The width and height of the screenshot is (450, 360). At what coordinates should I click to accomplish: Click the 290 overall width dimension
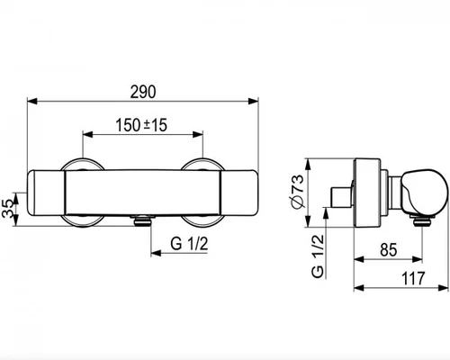coord(143,92)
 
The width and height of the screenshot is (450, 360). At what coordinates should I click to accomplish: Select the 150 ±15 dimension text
coord(141,125)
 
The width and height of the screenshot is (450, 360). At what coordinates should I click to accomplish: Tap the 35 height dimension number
coord(8,209)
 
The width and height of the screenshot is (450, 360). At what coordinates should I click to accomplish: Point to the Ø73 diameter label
coord(297,191)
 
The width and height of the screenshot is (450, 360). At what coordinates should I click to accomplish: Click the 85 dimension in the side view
coord(389,250)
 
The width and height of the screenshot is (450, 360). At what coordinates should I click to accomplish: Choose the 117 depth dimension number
coord(413,278)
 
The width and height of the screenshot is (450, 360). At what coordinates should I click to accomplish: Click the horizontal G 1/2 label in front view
coord(189,244)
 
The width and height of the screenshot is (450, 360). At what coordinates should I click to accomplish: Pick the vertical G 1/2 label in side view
coord(318,256)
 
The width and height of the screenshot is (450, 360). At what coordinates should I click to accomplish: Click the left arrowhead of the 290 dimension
coord(32,102)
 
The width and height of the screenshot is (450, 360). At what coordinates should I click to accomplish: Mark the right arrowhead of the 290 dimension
coord(254,102)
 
